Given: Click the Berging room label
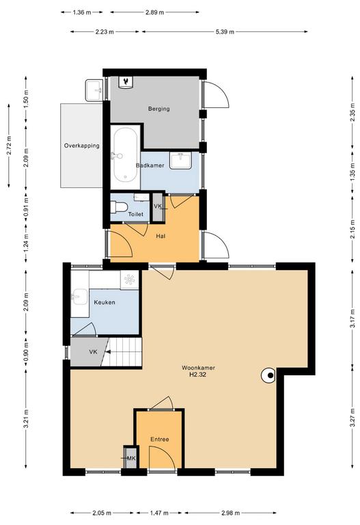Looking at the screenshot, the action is [158, 109].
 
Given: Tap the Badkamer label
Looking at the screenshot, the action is [150, 165].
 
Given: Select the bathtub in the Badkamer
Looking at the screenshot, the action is [125, 156].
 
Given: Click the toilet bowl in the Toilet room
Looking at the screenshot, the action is [119, 207].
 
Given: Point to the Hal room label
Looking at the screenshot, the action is [161, 236].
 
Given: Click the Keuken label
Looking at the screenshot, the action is [105, 302].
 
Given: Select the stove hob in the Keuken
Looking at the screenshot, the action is [130, 279].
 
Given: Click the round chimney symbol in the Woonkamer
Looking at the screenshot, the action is [268, 376].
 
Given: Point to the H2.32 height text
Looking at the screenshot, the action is [197, 375].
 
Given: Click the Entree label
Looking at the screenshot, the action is [160, 440].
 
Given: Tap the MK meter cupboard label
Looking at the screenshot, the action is [131, 458].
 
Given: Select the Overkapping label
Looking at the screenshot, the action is [82, 146].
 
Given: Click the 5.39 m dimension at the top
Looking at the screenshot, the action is [225, 32].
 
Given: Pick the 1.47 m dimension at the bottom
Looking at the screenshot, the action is [159, 513].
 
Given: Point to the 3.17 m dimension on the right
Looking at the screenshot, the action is [352, 318].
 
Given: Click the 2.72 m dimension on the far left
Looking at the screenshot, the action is [9, 146].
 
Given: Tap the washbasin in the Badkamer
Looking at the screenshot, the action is [180, 161].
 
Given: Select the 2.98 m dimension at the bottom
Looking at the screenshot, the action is [230, 513].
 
